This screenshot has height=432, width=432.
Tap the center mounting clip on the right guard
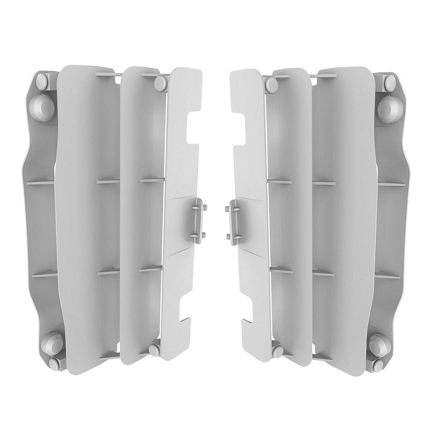click(235, 219)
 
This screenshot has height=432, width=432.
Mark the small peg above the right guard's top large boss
click(389, 82)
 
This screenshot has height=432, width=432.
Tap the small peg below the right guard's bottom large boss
click(378, 364)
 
